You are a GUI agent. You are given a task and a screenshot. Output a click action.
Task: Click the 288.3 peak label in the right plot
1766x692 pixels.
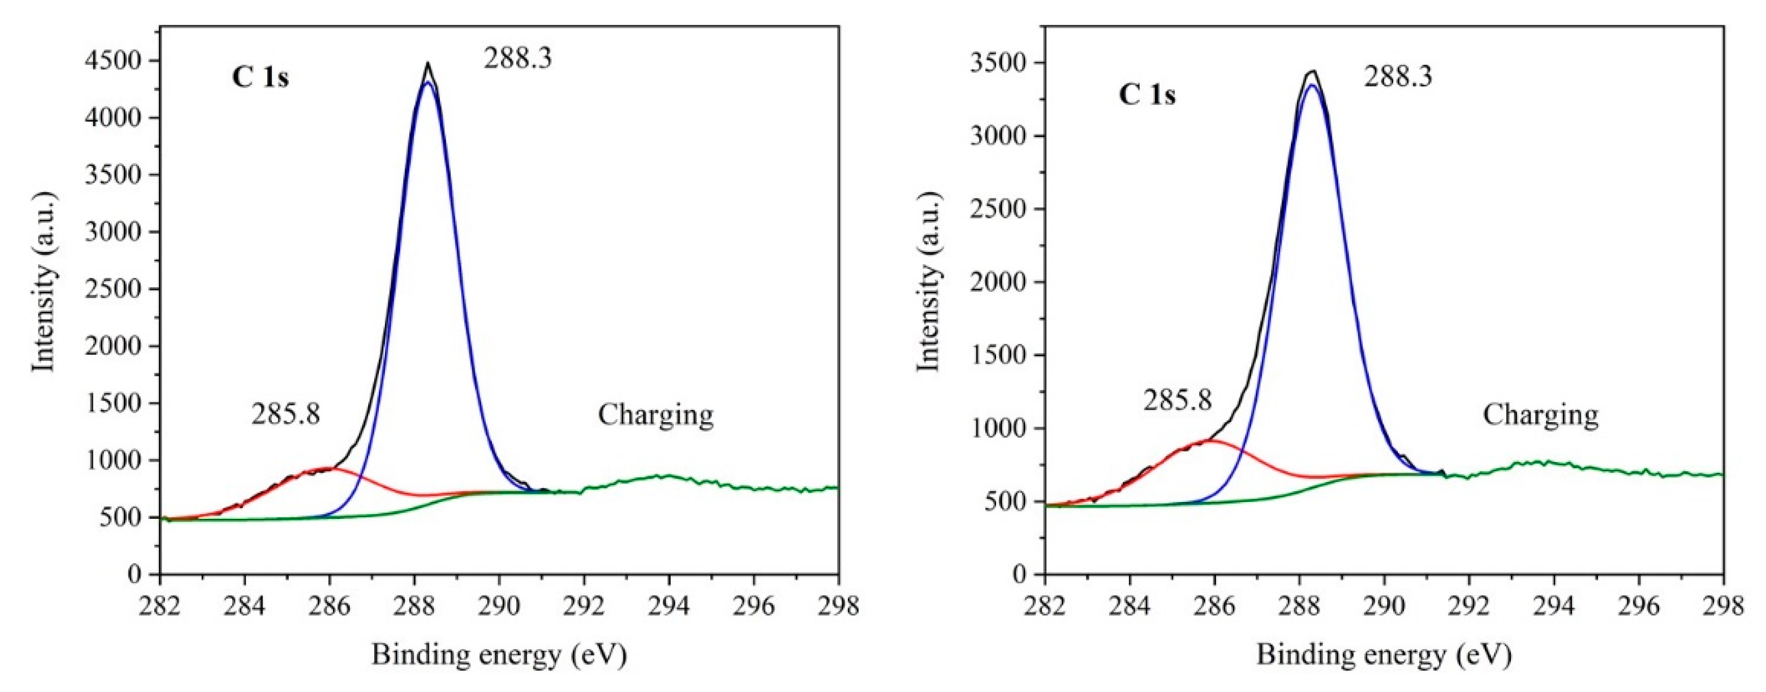(x=1398, y=76)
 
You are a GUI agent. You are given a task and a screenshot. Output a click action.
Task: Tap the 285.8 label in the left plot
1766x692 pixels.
(x=286, y=414)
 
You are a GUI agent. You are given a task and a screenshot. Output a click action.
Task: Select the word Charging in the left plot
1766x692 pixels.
(x=656, y=414)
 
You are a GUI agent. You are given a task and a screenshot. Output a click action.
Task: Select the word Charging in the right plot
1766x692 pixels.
(x=1540, y=414)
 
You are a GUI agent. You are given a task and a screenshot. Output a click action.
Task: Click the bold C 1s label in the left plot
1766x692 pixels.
(x=261, y=78)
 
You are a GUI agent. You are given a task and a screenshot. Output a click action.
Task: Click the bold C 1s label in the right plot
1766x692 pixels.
(x=1147, y=95)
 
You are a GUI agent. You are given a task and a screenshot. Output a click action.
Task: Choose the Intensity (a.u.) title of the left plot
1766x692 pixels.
(x=43, y=282)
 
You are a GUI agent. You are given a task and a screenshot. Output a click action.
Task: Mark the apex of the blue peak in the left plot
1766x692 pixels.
(x=428, y=82)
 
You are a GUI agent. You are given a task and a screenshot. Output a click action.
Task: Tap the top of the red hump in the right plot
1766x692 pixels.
(x=1212, y=441)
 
